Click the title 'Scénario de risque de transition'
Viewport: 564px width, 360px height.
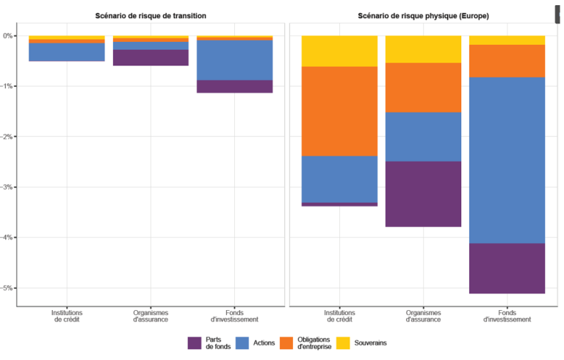click(x=151, y=15)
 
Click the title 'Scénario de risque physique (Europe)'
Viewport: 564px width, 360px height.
click(x=423, y=15)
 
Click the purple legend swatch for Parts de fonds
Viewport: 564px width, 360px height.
click(x=195, y=343)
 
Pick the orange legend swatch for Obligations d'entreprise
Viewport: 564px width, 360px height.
click(x=286, y=343)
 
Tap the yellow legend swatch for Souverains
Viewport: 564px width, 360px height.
click(x=342, y=343)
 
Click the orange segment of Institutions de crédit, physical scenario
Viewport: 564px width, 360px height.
click(x=339, y=112)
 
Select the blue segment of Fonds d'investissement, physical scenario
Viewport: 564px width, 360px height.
click(x=507, y=160)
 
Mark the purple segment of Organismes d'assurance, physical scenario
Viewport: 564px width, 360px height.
click(x=423, y=194)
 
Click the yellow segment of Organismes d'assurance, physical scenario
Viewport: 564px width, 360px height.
click(x=423, y=49)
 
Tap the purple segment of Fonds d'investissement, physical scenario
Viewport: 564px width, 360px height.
click(x=507, y=268)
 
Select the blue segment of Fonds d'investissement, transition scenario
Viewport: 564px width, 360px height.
click(x=234, y=60)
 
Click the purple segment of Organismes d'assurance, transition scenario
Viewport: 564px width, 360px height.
click(x=151, y=58)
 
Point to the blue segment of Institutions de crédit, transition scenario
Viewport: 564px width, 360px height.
click(x=67, y=52)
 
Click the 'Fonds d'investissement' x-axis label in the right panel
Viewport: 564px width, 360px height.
click(x=507, y=316)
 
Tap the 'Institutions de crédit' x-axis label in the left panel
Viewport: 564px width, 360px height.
click(x=67, y=316)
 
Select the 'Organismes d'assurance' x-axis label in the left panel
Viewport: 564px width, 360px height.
click(x=151, y=316)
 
